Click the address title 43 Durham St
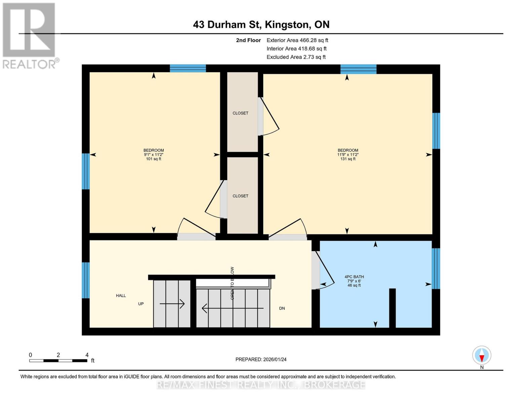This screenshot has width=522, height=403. click(x=261, y=25)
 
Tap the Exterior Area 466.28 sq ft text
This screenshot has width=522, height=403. click(x=297, y=40)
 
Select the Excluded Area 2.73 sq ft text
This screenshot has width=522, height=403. click(x=296, y=57)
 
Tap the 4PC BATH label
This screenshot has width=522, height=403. click(x=354, y=277)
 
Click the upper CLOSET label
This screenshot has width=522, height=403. click(x=240, y=113)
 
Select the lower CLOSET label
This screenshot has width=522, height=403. click(x=240, y=196)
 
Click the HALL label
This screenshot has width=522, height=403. click(x=121, y=296)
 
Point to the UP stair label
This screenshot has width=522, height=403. click(x=141, y=304)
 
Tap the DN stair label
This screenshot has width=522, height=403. click(x=282, y=308)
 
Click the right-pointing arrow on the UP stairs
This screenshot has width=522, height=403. click(x=172, y=304)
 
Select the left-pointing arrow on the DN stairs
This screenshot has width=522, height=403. click(x=232, y=308)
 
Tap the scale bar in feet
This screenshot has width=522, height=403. click(x=58, y=360)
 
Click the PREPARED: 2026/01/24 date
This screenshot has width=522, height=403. click(x=261, y=359)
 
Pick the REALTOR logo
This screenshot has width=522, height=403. click(x=30, y=35)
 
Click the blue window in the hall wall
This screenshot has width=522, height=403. click(x=86, y=280)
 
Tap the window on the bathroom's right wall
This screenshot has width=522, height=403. click(x=436, y=268)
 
